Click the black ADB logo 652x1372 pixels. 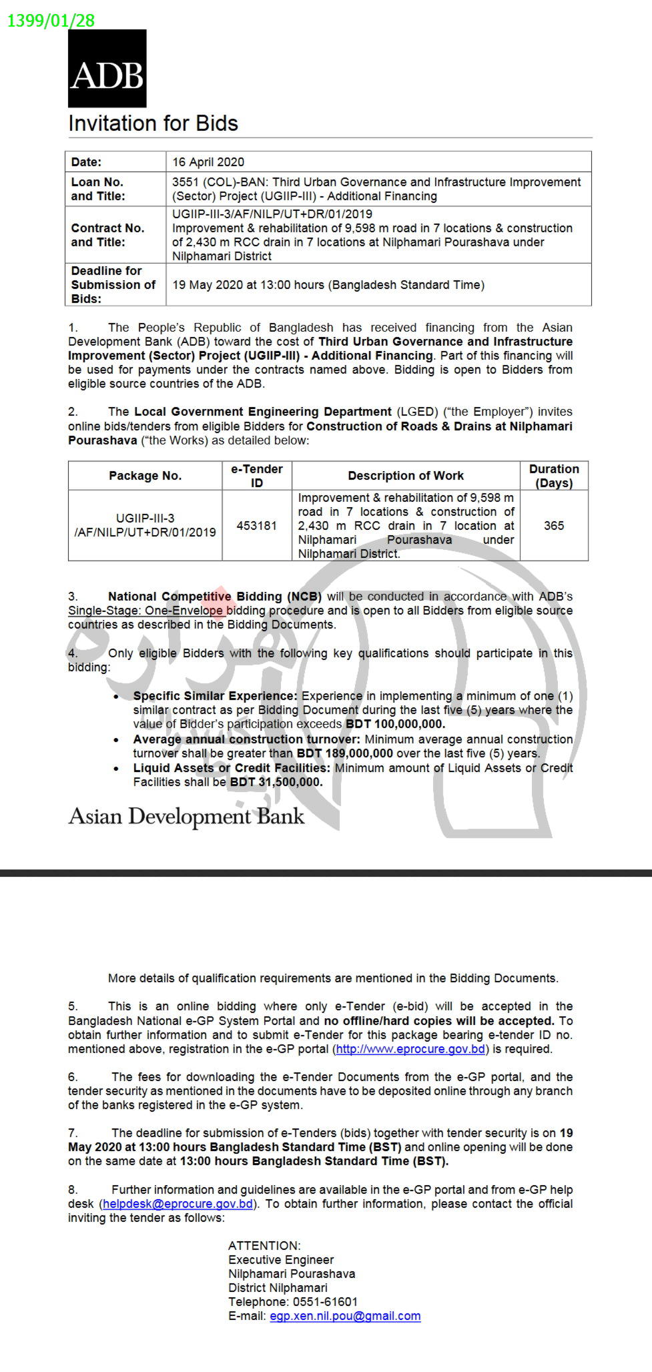107,68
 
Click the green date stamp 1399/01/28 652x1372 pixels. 51,21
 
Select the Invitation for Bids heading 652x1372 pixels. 153,123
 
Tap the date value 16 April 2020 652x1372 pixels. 208,162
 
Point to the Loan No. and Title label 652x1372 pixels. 98,189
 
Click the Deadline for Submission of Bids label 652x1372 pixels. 113,285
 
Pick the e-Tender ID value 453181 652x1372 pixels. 257,526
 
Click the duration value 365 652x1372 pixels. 554,526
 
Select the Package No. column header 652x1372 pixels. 145,476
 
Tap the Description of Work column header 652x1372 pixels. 406,476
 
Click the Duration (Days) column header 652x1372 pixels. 554,476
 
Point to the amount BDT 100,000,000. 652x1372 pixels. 395,724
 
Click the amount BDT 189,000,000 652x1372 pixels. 345,753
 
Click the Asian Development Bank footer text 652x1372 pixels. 186,817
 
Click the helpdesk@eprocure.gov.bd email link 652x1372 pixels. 178,1204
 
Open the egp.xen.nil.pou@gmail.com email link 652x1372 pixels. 345,1316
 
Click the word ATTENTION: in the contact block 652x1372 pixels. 264,1246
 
